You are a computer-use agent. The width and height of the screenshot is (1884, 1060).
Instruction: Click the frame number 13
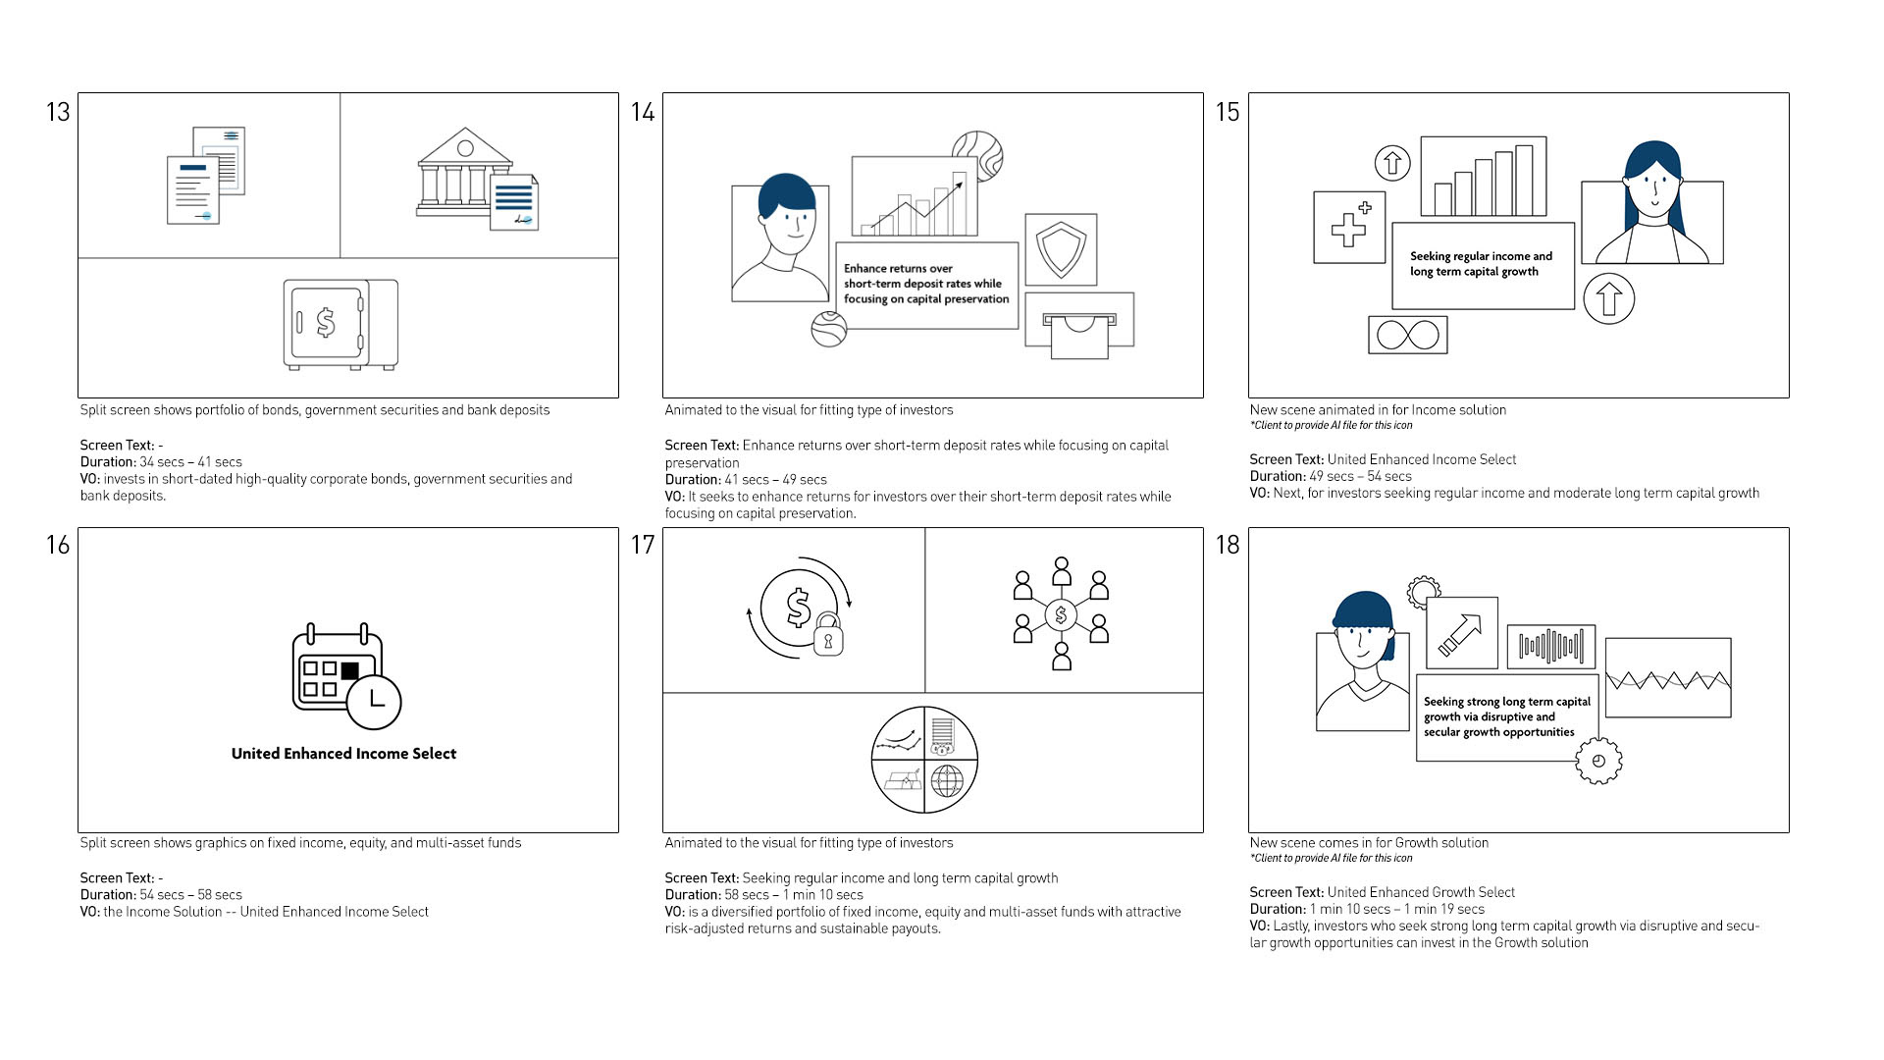(58, 112)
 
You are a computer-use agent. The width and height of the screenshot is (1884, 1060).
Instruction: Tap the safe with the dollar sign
(340, 324)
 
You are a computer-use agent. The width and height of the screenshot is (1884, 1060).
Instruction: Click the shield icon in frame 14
(1061, 249)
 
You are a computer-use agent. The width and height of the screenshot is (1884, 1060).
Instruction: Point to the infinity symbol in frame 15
(1407, 335)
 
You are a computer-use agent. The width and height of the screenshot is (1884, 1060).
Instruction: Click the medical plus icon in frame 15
(1348, 228)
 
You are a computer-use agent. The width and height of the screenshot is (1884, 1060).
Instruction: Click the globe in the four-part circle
(947, 782)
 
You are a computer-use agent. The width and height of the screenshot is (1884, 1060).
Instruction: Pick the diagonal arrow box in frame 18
(1461, 633)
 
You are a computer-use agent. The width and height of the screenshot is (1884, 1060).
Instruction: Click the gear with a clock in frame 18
(1598, 761)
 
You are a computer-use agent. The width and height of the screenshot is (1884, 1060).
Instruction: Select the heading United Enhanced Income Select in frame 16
(343, 754)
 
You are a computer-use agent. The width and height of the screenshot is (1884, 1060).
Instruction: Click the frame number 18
(1228, 545)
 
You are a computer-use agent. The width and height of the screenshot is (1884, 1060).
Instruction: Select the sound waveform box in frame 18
(1550, 645)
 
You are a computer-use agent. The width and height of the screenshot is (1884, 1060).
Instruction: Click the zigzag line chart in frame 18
(1667, 678)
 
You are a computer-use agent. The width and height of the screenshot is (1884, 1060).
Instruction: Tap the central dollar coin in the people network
(1061, 615)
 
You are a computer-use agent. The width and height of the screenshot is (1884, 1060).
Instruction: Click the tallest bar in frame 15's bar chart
(1524, 180)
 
